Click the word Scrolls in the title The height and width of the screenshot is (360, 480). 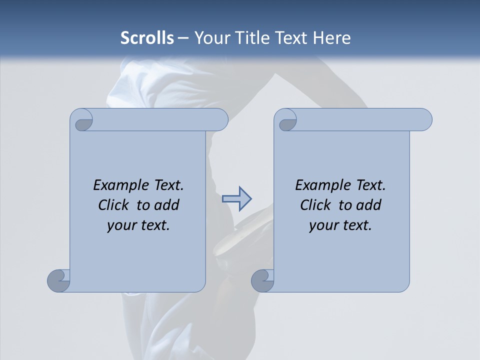(x=147, y=38)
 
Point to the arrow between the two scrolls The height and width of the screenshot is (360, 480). (x=236, y=199)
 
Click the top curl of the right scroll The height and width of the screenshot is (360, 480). (x=287, y=120)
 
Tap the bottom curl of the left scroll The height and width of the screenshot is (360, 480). (x=58, y=280)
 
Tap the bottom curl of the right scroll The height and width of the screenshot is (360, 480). (x=262, y=280)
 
